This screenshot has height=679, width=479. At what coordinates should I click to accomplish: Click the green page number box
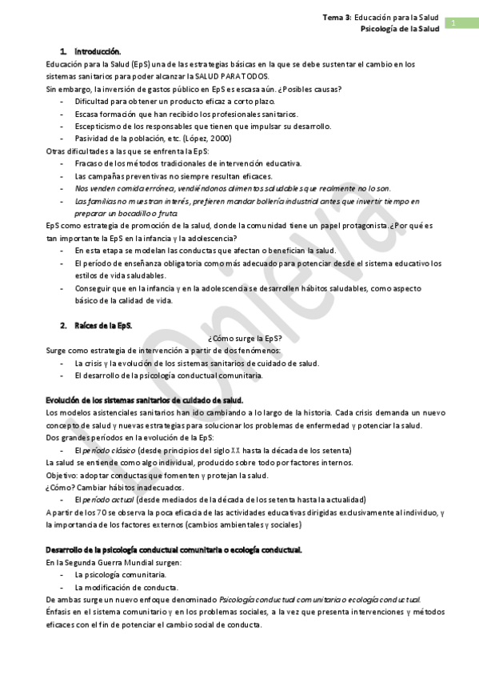(453, 22)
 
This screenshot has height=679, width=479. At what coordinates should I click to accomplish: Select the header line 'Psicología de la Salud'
(400, 28)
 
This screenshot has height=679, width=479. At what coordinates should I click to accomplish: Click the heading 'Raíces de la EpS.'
(103, 326)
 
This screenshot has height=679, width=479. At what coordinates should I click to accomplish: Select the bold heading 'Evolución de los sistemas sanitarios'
(145, 400)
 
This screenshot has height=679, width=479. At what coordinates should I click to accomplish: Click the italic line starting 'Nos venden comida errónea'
(233, 188)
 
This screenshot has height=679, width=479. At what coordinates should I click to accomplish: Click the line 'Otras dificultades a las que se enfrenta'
(127, 151)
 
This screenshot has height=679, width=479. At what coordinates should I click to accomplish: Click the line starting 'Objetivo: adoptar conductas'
(157, 475)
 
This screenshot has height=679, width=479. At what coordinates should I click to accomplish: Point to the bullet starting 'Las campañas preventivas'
(174, 176)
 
